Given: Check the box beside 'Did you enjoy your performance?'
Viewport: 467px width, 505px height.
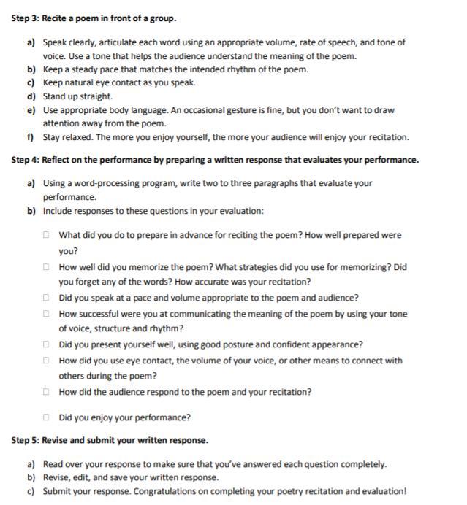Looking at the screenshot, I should coord(45,417).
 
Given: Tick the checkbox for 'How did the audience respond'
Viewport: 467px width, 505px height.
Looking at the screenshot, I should coord(45,392).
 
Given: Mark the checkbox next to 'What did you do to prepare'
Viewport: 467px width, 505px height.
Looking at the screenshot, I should coord(45,236).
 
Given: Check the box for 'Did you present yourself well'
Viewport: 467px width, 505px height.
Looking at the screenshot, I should coord(45,345).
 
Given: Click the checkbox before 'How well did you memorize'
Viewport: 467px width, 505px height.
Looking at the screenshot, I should coord(45,267).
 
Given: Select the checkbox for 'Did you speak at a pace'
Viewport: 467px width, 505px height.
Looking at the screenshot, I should coord(45,298).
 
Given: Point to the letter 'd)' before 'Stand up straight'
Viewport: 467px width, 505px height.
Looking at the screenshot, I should coord(31,96).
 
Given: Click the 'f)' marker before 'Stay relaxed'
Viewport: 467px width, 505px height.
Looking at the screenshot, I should coord(31,137).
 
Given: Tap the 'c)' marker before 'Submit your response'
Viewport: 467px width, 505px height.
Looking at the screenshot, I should coord(31,490).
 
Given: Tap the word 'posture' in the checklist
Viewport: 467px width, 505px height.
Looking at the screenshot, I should coord(244,345).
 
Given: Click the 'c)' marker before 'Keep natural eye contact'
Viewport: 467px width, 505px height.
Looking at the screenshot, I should coord(31,82).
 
